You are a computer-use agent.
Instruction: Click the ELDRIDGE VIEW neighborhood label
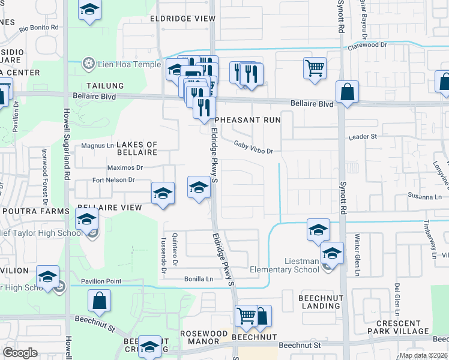[x=182, y=19]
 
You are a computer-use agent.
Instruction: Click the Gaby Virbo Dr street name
[x=253, y=147]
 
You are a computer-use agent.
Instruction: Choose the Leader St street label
[x=363, y=137]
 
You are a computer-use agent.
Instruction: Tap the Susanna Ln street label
[x=424, y=196]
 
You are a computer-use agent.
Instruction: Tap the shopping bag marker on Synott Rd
[x=347, y=92]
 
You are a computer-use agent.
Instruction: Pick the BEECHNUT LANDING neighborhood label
[x=320, y=302]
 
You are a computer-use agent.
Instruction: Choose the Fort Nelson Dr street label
[x=113, y=180]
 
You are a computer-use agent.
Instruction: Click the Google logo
[x=20, y=353]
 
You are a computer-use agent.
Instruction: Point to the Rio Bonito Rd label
[x=39, y=28]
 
